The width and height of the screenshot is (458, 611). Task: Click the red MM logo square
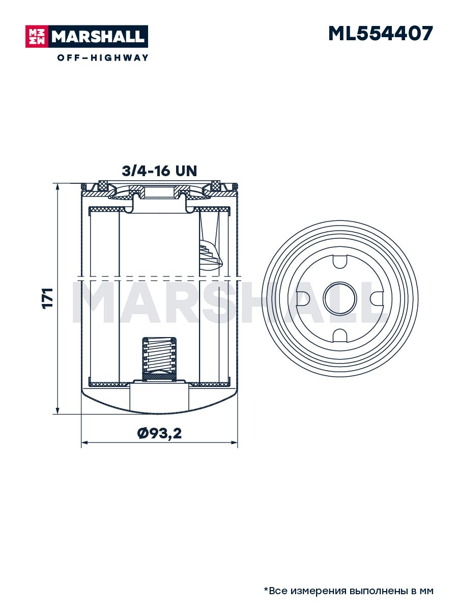(37, 37)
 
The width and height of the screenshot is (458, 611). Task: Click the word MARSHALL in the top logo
(98, 37)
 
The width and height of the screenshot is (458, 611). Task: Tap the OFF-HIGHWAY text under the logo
(103, 58)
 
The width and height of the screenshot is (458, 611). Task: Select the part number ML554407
(381, 34)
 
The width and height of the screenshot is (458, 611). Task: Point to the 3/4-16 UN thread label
(159, 171)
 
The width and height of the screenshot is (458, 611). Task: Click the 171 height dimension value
(47, 298)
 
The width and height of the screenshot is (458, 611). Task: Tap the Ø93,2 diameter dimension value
(159, 433)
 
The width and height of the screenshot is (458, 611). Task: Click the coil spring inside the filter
(159, 357)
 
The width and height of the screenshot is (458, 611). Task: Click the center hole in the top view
(340, 298)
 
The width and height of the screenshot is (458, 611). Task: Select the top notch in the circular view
(340, 261)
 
